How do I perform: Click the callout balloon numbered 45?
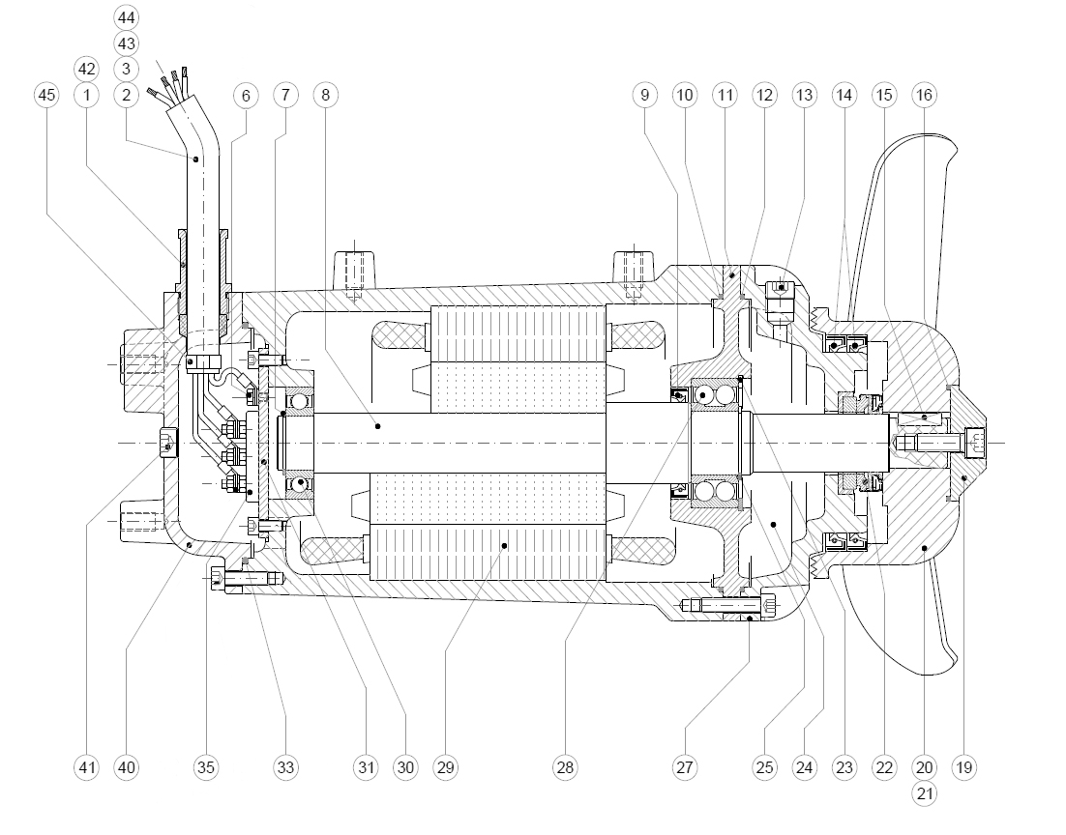[45, 95]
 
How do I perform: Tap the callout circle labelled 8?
[326, 95]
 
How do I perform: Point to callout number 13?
[804, 95]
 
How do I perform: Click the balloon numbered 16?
[924, 95]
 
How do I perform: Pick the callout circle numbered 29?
[445, 768]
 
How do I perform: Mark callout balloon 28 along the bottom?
[565, 768]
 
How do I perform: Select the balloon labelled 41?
[87, 768]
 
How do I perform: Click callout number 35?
[206, 768]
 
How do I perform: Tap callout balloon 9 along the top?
[645, 95]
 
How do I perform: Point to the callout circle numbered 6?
[246, 95]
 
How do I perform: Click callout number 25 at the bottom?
[765, 768]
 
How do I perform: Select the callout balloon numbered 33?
[286, 768]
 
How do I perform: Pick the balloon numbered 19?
[963, 768]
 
